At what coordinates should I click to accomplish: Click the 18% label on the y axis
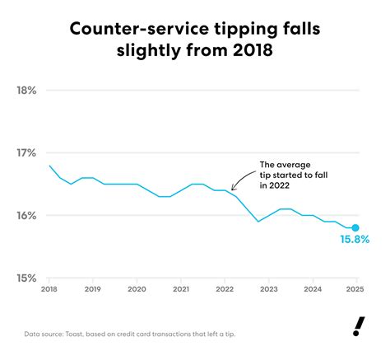pos(26,91)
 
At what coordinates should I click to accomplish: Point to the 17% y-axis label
pos(26,153)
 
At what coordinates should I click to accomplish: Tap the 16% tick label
pos(26,216)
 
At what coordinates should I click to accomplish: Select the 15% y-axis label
pos(26,278)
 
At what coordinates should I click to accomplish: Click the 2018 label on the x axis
pos(49,290)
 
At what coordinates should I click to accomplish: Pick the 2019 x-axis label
pos(93,290)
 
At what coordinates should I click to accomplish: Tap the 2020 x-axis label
pos(137,290)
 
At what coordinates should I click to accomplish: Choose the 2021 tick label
pos(180,290)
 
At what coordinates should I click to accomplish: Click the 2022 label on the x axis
pos(224,290)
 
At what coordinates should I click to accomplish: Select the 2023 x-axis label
pos(267,290)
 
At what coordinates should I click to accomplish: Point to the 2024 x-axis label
pos(311,290)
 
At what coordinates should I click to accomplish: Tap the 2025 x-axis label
pos(355,290)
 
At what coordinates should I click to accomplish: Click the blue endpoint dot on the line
pos(355,228)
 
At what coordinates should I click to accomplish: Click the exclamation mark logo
pos(357,327)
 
